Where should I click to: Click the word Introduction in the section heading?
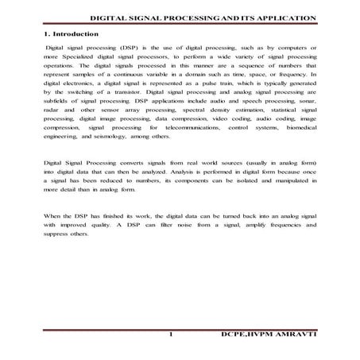[x=75, y=34]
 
